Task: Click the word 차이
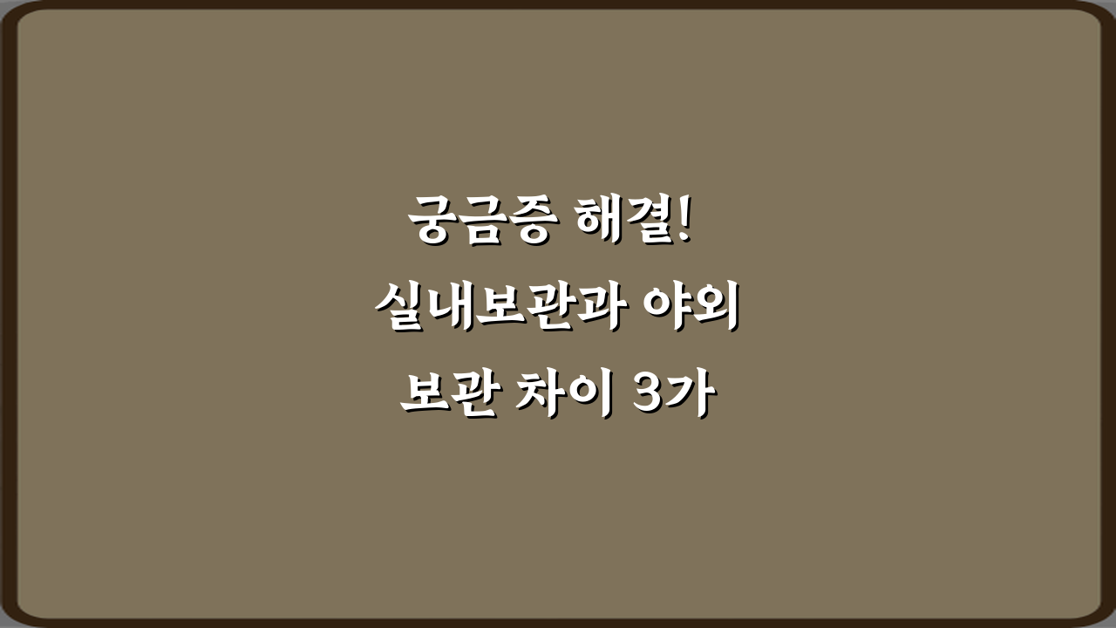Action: [x=564, y=396]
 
